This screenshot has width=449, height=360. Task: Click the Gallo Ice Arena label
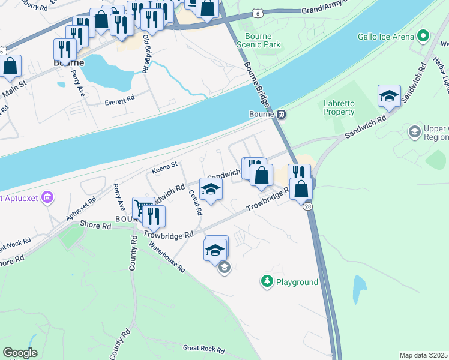[x=386, y=37]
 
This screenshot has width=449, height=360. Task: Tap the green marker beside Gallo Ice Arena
[x=424, y=36]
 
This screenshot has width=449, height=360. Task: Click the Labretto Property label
[x=339, y=107]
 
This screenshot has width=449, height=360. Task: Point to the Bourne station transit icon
[x=280, y=114]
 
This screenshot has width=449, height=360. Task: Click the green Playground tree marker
[x=267, y=281]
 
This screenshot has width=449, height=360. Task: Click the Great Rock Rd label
[x=203, y=349]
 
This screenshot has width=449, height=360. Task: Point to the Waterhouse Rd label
[x=167, y=256]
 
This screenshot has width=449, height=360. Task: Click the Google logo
[x=20, y=353]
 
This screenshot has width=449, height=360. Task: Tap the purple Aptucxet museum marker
[x=49, y=196]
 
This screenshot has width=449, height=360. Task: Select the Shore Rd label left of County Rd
[x=97, y=226]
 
